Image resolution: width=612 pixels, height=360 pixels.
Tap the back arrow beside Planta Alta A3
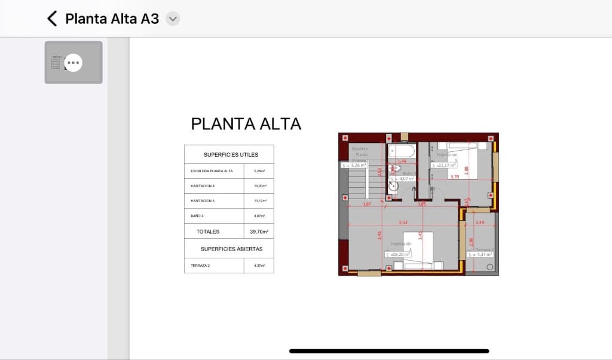tap(52, 19)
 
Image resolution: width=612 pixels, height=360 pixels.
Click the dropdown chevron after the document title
tap(173, 19)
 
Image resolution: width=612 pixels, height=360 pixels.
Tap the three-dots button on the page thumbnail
tap(73, 62)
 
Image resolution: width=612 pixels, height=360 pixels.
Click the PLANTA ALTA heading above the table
tap(246, 124)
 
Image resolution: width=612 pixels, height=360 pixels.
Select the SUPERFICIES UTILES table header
tap(231, 154)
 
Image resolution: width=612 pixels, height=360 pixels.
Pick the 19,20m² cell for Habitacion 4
tap(259, 186)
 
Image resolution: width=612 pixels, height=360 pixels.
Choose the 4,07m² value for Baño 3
tap(259, 216)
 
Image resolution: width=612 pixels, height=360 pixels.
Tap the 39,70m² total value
tap(259, 231)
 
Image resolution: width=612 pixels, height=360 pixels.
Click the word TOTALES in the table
tap(208, 231)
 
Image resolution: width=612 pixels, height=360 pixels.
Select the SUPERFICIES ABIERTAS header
tap(231, 249)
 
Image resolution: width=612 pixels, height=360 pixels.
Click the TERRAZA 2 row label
tap(200, 266)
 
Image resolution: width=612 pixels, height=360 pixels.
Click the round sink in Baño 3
tap(393, 186)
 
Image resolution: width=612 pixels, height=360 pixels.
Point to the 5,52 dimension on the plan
tap(404, 222)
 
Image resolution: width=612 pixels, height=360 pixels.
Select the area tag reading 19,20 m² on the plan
tap(398, 254)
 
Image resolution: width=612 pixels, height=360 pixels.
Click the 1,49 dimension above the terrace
tap(479, 222)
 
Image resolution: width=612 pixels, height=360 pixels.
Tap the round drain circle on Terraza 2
tap(490, 267)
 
